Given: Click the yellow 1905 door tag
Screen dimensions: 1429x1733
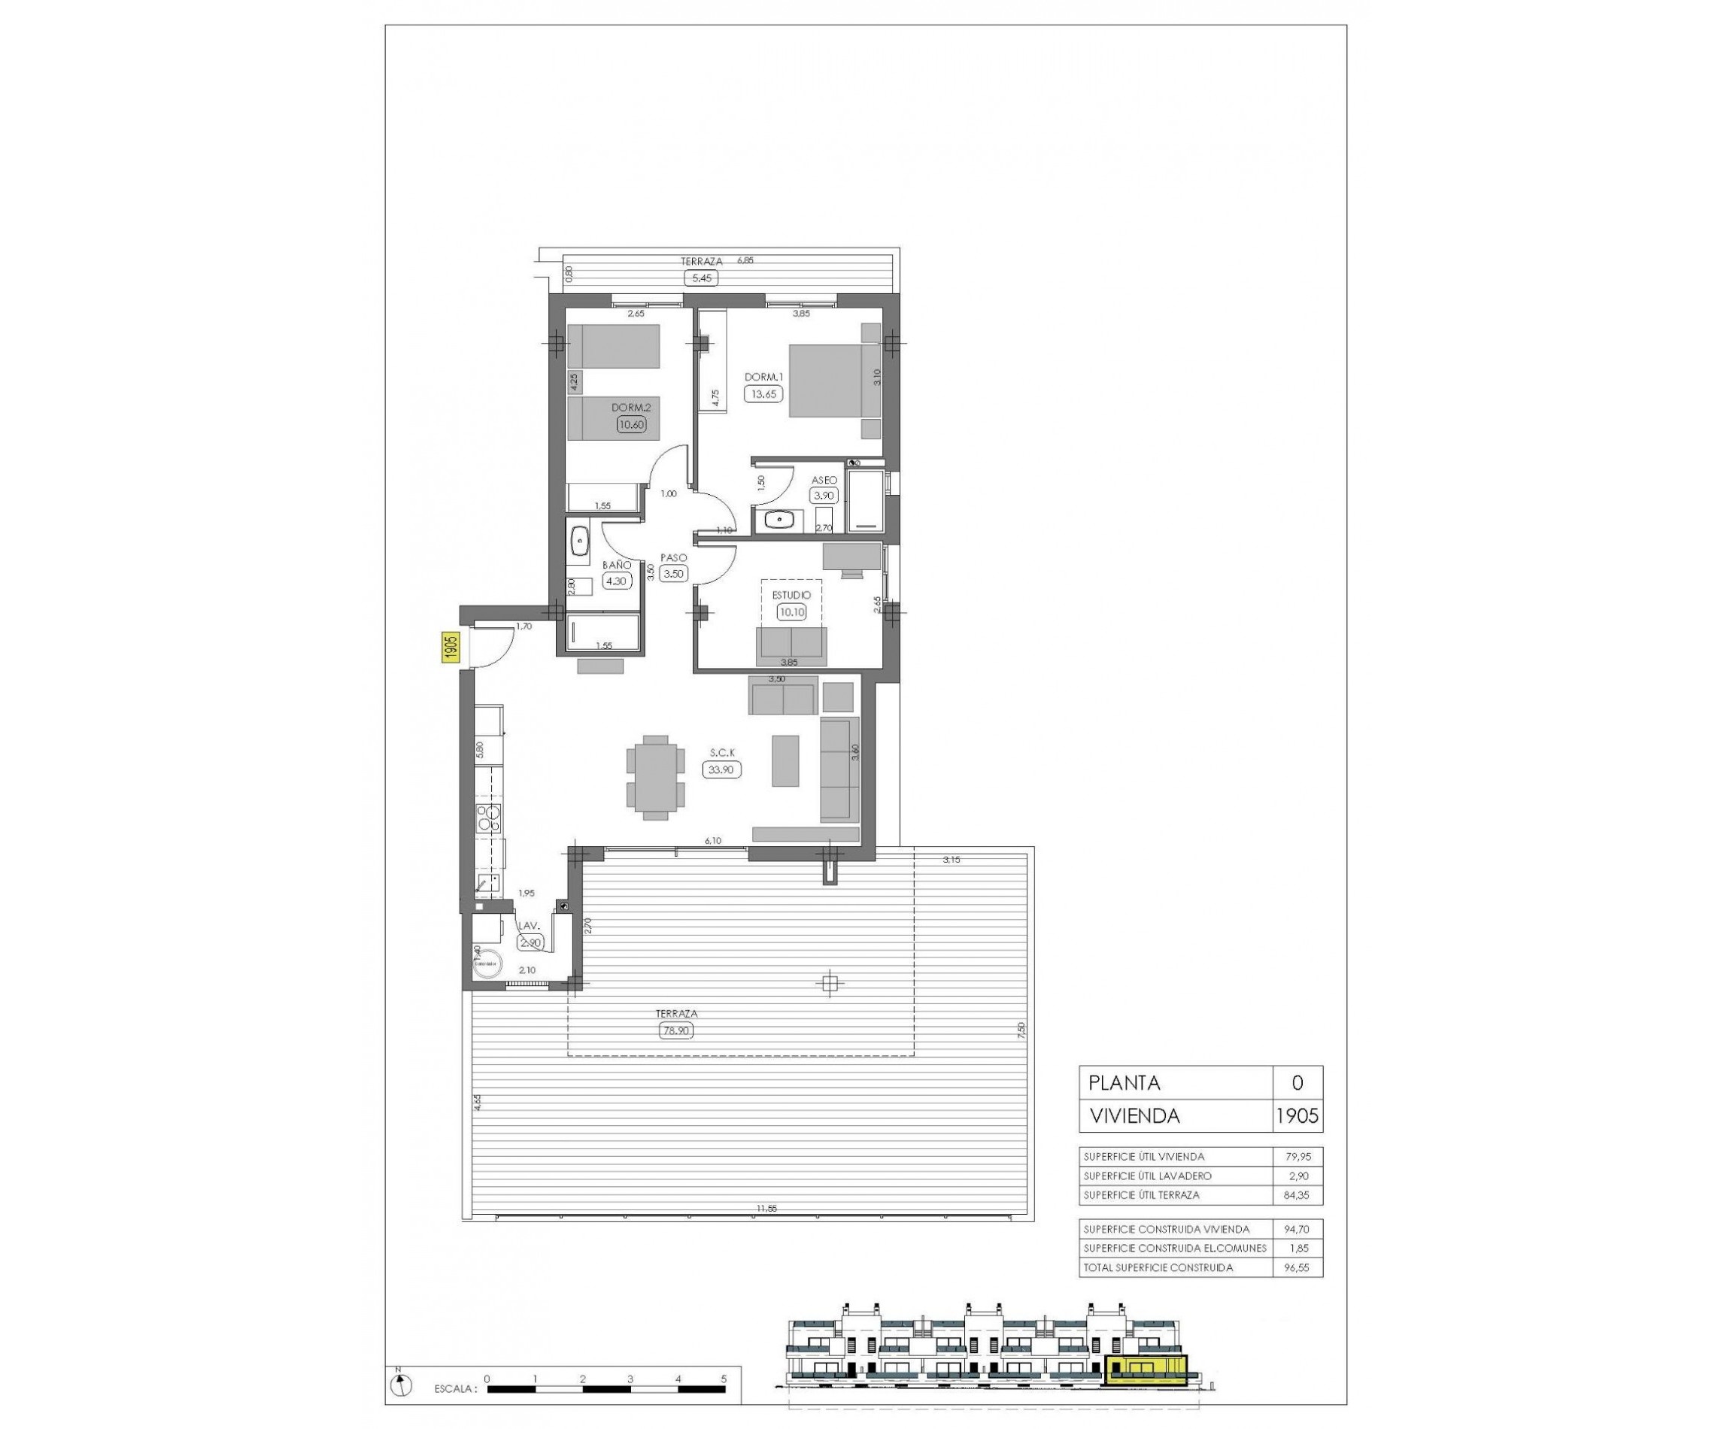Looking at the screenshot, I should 451,647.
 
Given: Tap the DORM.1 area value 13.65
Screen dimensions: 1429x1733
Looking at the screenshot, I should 760,393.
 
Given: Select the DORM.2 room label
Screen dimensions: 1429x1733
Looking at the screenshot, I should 630,408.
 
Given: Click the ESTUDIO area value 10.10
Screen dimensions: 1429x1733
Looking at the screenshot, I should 791,612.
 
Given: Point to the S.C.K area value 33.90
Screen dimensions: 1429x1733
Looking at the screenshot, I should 721,769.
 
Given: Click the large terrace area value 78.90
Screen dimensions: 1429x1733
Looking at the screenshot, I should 675,1030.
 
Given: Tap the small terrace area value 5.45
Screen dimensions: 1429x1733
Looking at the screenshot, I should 700,278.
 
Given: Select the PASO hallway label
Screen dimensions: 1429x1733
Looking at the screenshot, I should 673,557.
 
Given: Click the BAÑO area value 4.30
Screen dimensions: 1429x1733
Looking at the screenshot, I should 616,581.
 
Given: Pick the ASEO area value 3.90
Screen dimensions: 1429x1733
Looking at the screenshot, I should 824,496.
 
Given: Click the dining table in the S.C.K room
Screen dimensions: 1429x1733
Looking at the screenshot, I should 655,777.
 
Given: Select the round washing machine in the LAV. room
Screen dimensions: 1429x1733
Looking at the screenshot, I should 489,962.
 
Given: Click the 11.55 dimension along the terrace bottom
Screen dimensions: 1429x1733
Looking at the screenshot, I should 766,1209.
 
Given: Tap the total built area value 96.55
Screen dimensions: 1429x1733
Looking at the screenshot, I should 1296,1267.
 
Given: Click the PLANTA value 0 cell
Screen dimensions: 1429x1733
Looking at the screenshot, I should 1297,1083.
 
